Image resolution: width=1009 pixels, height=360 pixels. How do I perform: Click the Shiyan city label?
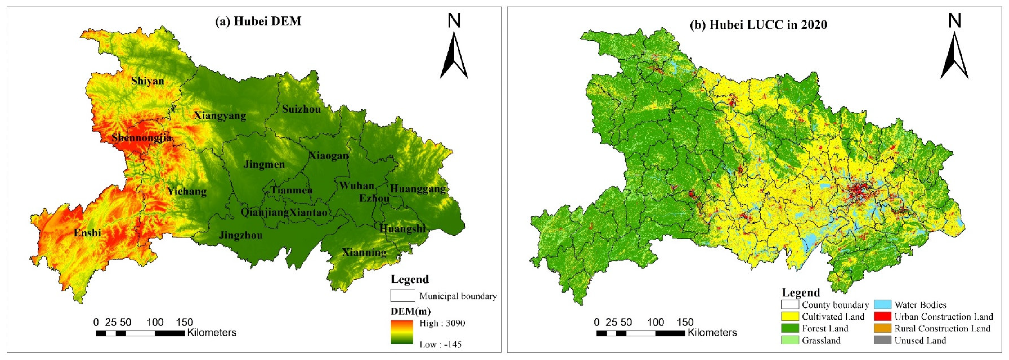[147, 81]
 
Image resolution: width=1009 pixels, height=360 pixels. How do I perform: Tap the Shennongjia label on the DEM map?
[141, 138]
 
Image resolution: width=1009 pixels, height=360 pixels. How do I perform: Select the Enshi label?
[87, 233]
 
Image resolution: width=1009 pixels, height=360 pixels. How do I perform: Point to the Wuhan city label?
[356, 185]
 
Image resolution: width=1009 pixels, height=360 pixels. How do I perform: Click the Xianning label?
[364, 252]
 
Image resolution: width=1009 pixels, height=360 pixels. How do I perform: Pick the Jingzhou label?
[240, 235]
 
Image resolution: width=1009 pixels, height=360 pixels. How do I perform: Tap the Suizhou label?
[301, 109]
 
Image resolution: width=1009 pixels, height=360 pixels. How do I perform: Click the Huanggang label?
[417, 189]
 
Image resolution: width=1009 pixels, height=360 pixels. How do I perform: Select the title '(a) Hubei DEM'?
[258, 21]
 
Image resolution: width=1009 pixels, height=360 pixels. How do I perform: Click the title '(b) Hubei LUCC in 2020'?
[758, 25]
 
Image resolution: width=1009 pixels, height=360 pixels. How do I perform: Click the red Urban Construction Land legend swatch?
[882, 317]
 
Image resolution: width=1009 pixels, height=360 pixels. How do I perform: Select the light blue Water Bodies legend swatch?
[882, 305]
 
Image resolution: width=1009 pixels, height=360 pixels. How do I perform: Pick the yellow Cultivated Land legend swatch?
[790, 317]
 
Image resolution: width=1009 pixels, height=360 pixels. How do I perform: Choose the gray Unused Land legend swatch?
[882, 340]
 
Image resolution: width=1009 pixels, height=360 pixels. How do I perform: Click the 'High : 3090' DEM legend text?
[442, 323]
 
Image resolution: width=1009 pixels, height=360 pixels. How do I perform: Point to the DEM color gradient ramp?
[401, 332]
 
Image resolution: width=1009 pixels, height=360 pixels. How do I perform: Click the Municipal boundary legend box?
[402, 296]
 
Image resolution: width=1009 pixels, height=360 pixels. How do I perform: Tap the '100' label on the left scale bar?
[155, 322]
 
